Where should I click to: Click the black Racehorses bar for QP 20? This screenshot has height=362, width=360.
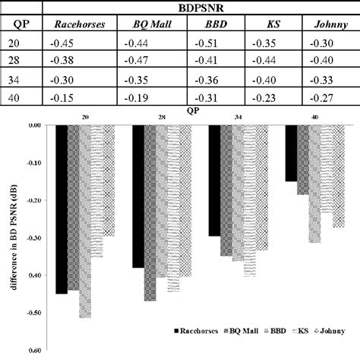62,209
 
